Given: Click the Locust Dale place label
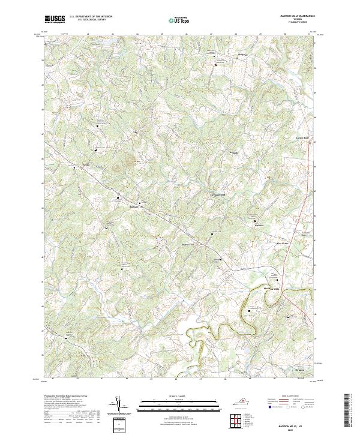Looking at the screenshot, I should pyautogui.click(x=302, y=138).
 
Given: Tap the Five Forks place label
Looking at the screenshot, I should pyautogui.click(x=282, y=244).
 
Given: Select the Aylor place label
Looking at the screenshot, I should pyautogui.click(x=127, y=132).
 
